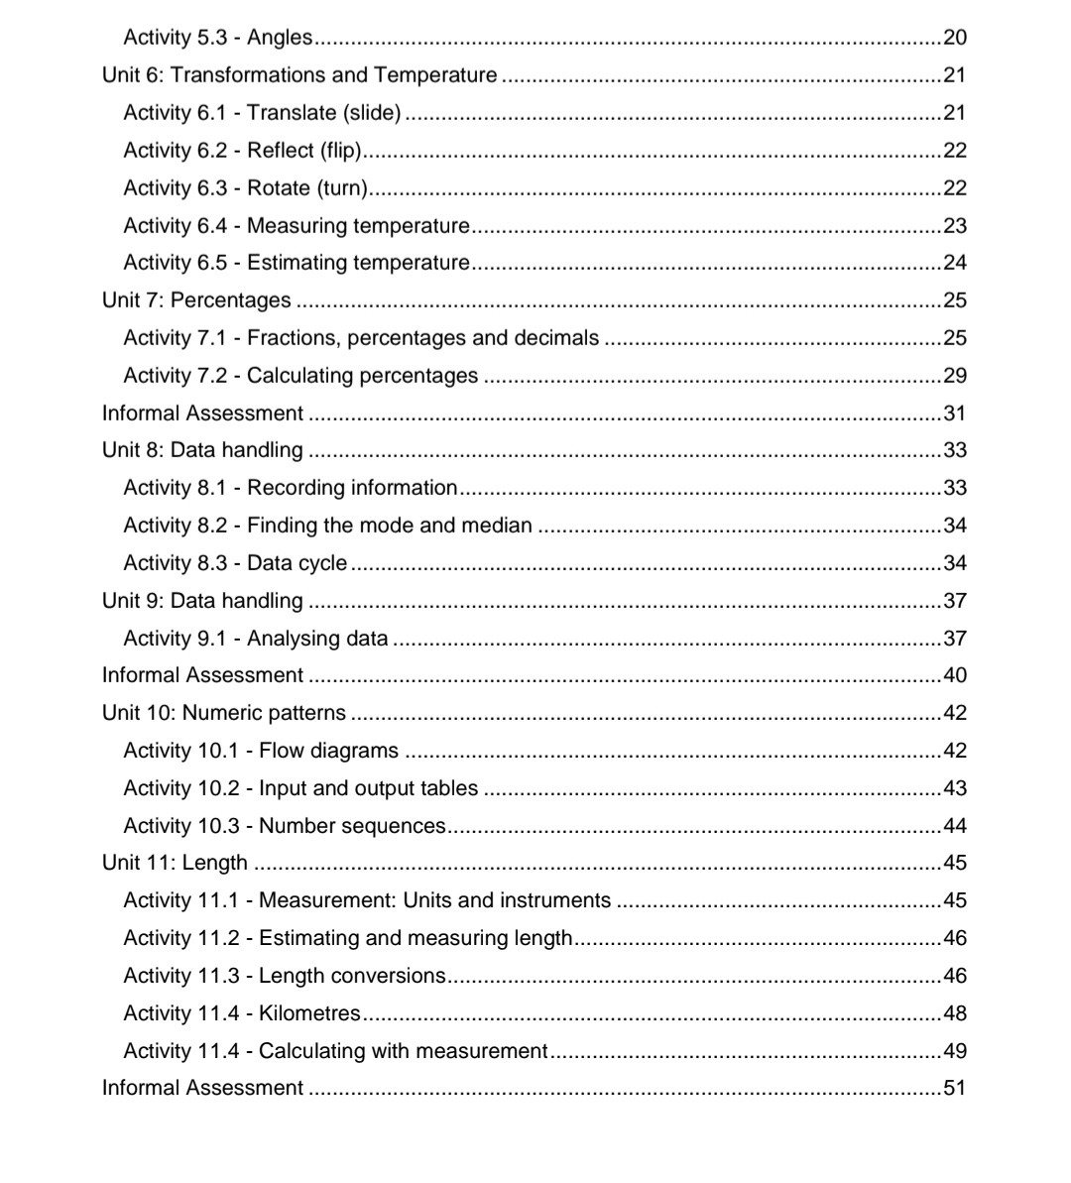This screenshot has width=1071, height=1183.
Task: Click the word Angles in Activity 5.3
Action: (x=280, y=38)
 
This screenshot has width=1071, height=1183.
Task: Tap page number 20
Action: (x=954, y=38)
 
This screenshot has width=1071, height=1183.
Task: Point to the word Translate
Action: (x=291, y=113)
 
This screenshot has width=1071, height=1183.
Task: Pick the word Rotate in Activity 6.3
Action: (x=279, y=188)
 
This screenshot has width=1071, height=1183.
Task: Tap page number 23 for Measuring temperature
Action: (x=954, y=226)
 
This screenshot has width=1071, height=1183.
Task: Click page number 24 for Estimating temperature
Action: (x=954, y=263)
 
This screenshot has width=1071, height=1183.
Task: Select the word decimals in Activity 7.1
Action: (x=556, y=338)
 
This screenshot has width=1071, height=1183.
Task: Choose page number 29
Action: (x=954, y=376)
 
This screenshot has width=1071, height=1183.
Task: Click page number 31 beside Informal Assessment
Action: (x=954, y=414)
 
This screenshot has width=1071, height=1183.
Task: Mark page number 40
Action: (x=954, y=675)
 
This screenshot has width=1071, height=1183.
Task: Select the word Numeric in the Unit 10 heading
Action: (x=221, y=713)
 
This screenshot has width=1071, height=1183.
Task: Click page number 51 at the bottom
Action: (x=954, y=1088)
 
